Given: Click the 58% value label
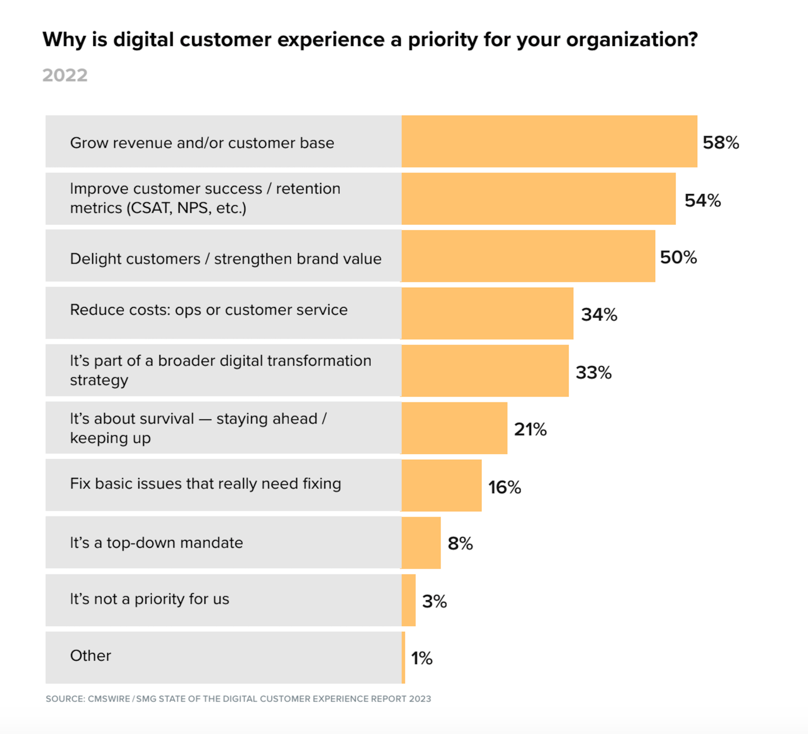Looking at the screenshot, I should click(x=720, y=143).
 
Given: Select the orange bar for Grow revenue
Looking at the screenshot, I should click(x=549, y=142).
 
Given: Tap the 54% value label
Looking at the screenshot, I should click(x=702, y=201).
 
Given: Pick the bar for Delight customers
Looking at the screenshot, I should click(x=528, y=256).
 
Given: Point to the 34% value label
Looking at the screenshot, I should click(x=599, y=315).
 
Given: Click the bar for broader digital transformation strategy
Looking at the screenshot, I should click(x=485, y=371).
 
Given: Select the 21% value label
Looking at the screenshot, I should click(x=530, y=429).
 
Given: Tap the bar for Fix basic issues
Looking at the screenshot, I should click(x=441, y=486).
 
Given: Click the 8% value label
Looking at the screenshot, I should click(x=460, y=543).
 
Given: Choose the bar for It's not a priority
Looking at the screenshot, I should click(x=409, y=600).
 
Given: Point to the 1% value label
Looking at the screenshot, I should click(x=422, y=658).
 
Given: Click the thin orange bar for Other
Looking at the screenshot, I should click(x=403, y=658).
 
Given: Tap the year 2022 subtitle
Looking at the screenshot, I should click(x=65, y=75).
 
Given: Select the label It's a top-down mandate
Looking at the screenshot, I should click(x=156, y=543).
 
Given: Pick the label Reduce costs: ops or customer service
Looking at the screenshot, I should click(x=208, y=310).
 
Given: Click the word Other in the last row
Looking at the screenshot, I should click(x=90, y=656).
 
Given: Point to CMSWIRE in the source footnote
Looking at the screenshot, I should click(x=109, y=699).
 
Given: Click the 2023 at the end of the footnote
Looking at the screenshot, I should click(x=420, y=699).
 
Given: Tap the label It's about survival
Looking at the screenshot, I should click(x=198, y=428).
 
